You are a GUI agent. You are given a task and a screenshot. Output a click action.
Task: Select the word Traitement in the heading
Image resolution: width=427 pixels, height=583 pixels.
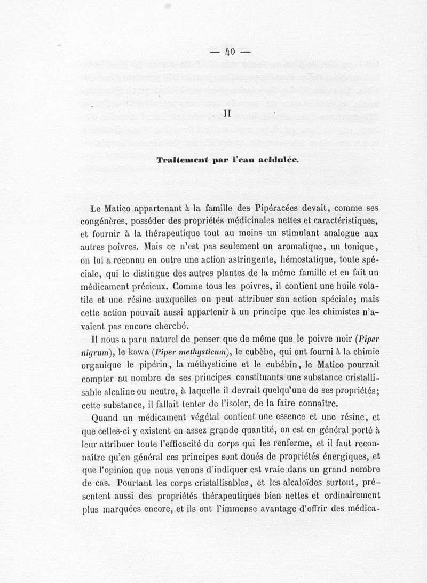(x=179, y=160)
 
